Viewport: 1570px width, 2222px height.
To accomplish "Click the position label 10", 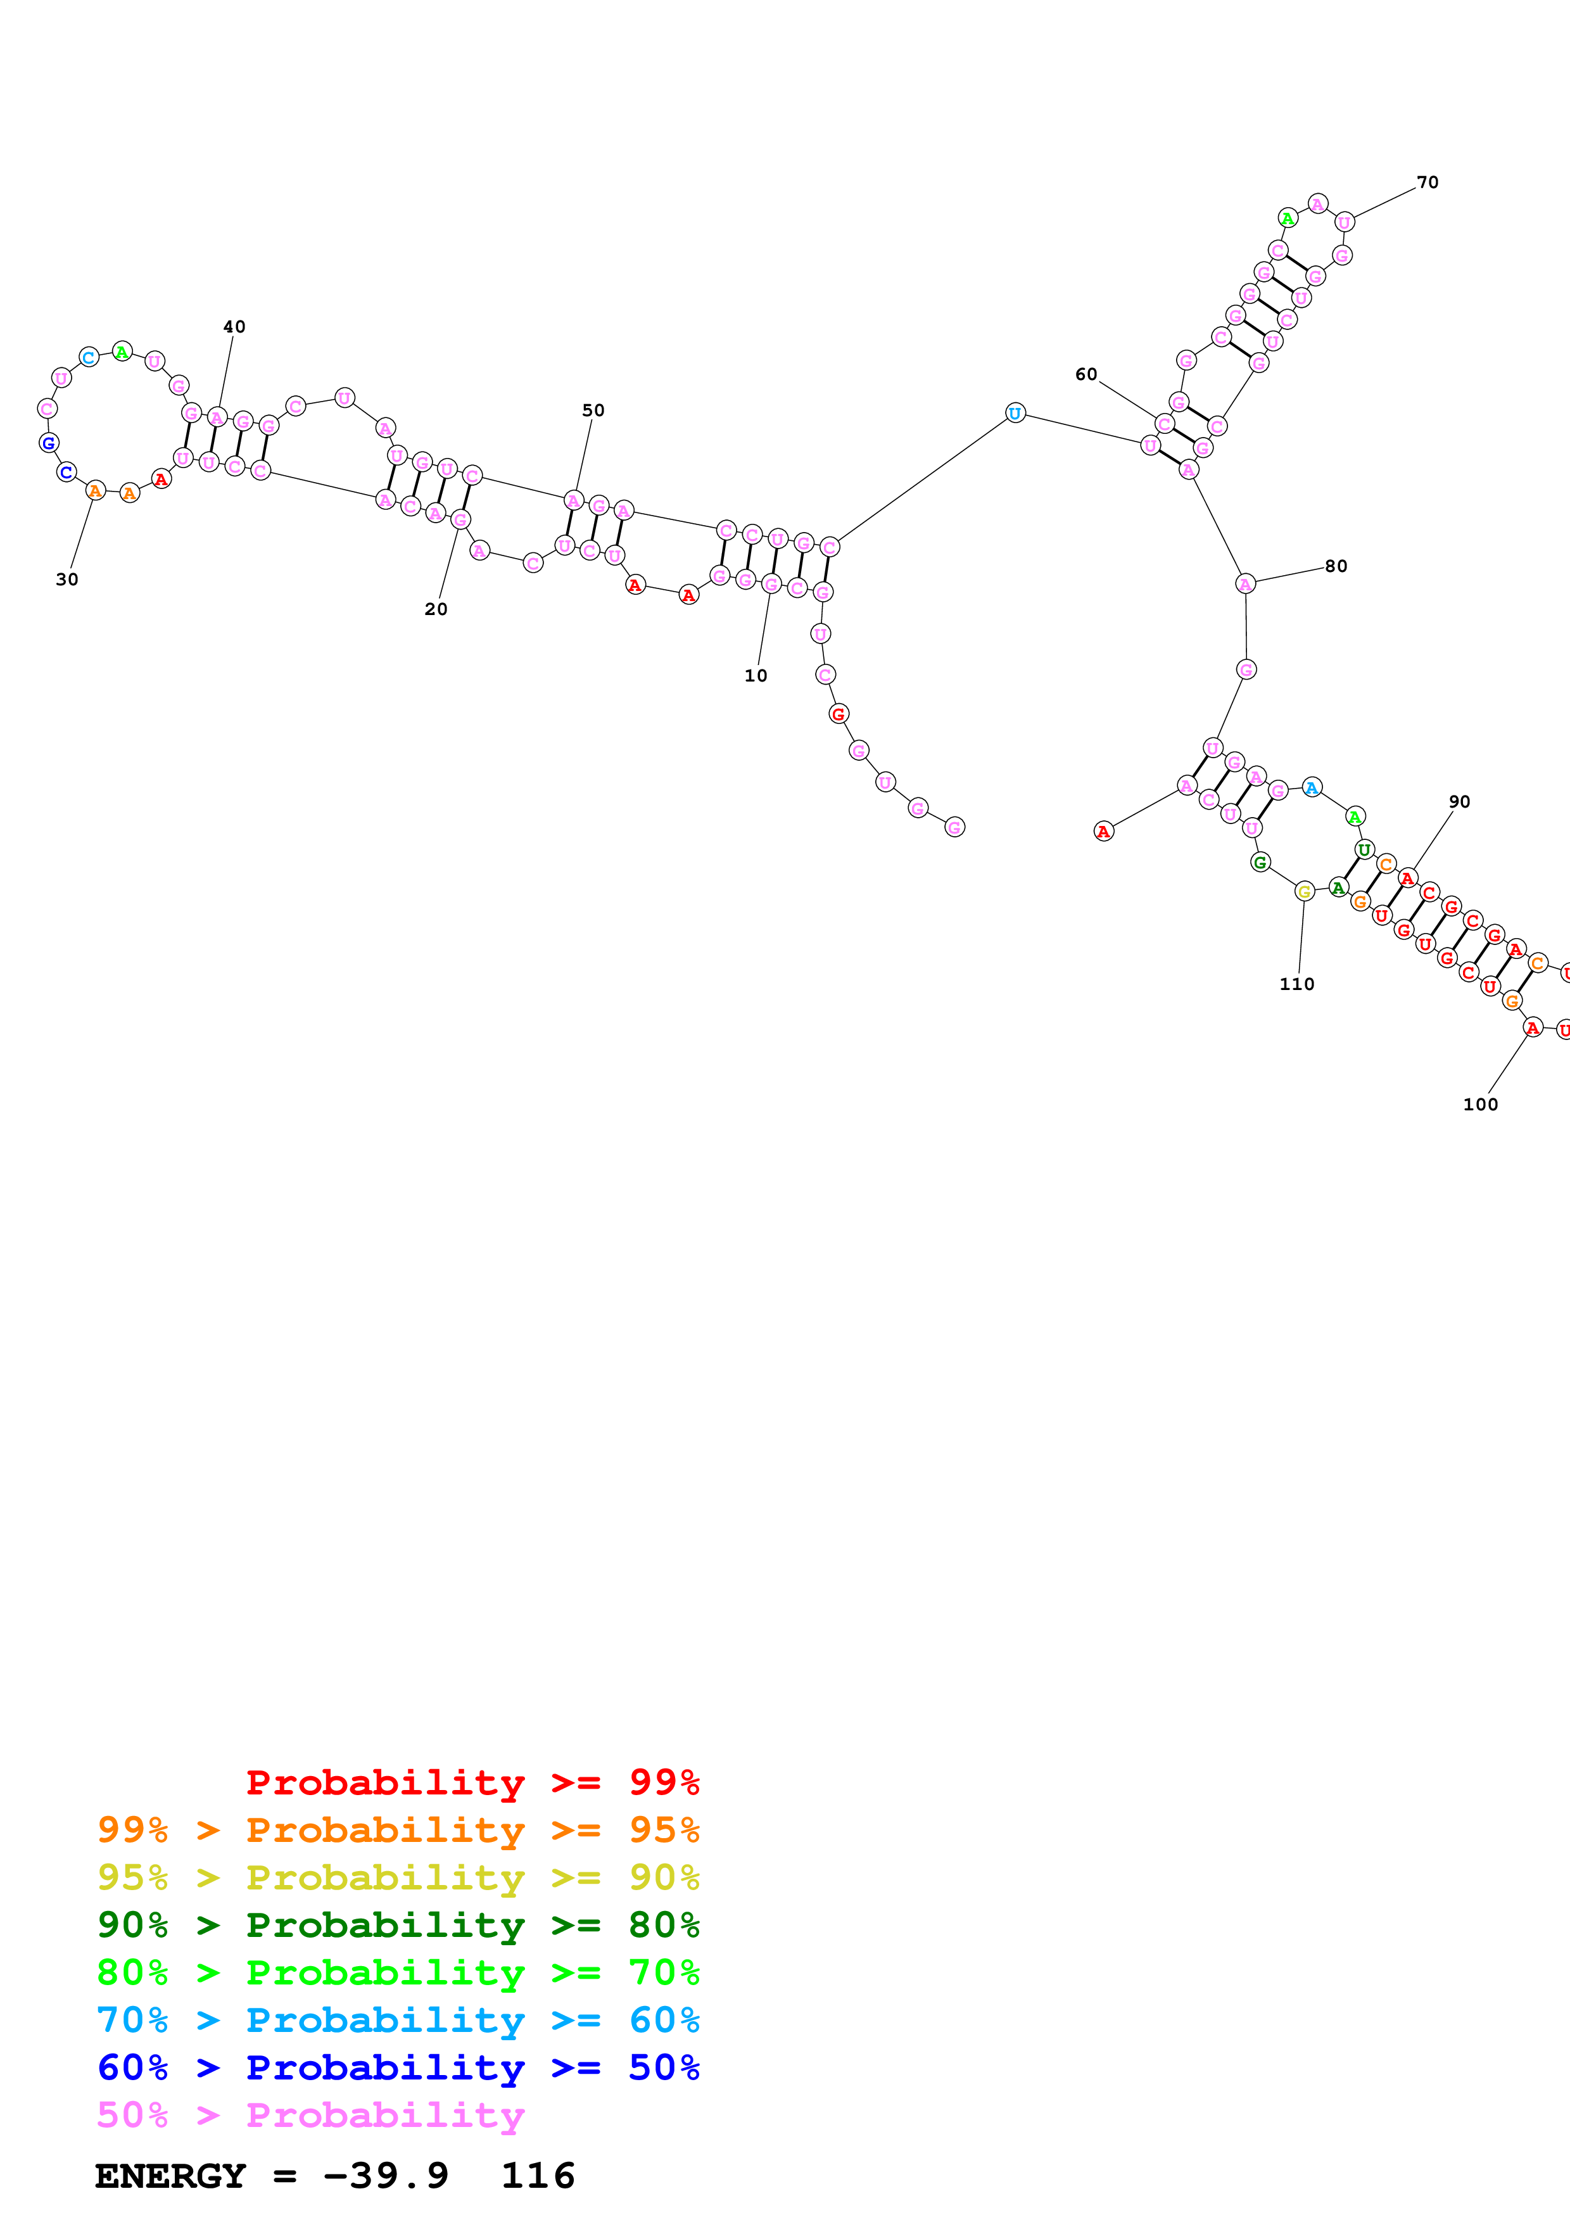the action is (756, 675).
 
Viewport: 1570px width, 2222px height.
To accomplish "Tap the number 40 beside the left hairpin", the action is (234, 327).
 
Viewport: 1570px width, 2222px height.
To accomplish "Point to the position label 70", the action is (1427, 182).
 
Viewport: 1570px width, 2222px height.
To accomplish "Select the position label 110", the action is (1296, 984).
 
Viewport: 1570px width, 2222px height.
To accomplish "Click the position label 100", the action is (1480, 1104).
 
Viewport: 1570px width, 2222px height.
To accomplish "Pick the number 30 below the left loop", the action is (66, 580).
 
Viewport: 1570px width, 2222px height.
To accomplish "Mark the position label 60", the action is (1086, 374).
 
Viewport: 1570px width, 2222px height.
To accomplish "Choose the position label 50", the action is (593, 410).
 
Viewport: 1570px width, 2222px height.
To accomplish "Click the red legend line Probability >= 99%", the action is (472, 1782).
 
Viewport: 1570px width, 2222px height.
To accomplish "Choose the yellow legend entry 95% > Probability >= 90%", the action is (398, 1877).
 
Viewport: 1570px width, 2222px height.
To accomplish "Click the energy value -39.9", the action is (385, 2176).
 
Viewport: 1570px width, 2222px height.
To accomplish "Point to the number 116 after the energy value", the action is (538, 2176).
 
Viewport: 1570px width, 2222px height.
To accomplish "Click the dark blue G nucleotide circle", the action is (48, 443).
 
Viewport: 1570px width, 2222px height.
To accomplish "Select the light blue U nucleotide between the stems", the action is (1015, 413).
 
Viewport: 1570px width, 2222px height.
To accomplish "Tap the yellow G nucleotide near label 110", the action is (1304, 891).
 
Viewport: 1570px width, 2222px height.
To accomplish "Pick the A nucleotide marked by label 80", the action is (1245, 583).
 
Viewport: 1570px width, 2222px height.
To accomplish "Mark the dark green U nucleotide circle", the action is (1364, 849).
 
